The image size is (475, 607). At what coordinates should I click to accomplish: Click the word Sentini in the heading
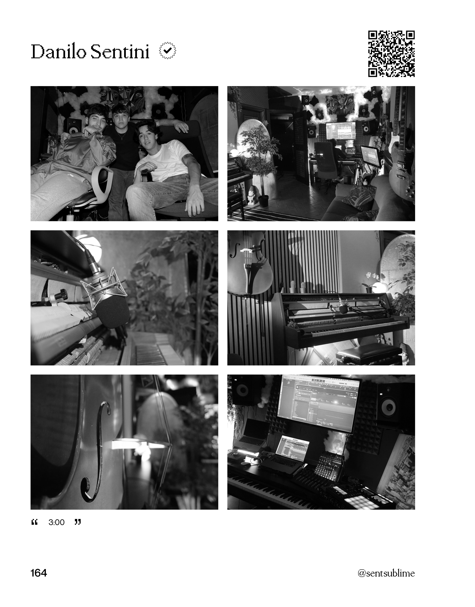pyautogui.click(x=120, y=52)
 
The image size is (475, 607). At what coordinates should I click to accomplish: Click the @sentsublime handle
pyautogui.click(x=386, y=573)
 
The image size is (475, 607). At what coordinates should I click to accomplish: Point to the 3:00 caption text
pyautogui.click(x=57, y=522)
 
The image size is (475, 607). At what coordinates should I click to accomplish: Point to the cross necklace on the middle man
pyautogui.click(x=119, y=135)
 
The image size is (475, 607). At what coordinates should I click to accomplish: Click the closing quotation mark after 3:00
pyautogui.click(x=78, y=522)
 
